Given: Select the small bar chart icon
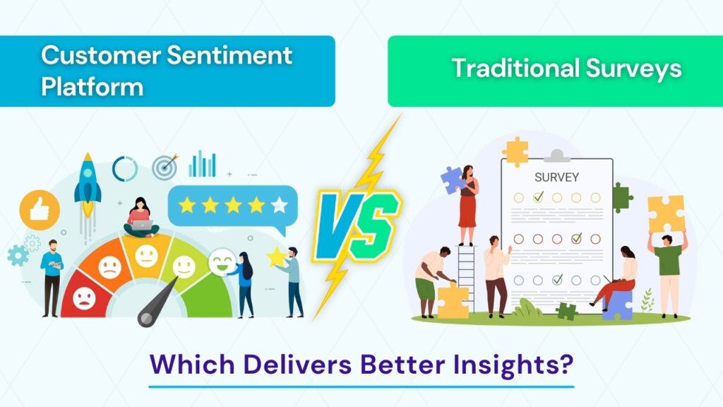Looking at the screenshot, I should [x=202, y=164].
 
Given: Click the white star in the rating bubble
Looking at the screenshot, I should [x=280, y=205].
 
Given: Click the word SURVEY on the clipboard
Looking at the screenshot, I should [x=556, y=177].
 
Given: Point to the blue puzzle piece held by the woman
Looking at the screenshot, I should [x=452, y=180].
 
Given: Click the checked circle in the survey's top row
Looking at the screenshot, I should [x=538, y=197].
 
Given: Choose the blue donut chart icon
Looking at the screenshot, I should [x=125, y=168].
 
